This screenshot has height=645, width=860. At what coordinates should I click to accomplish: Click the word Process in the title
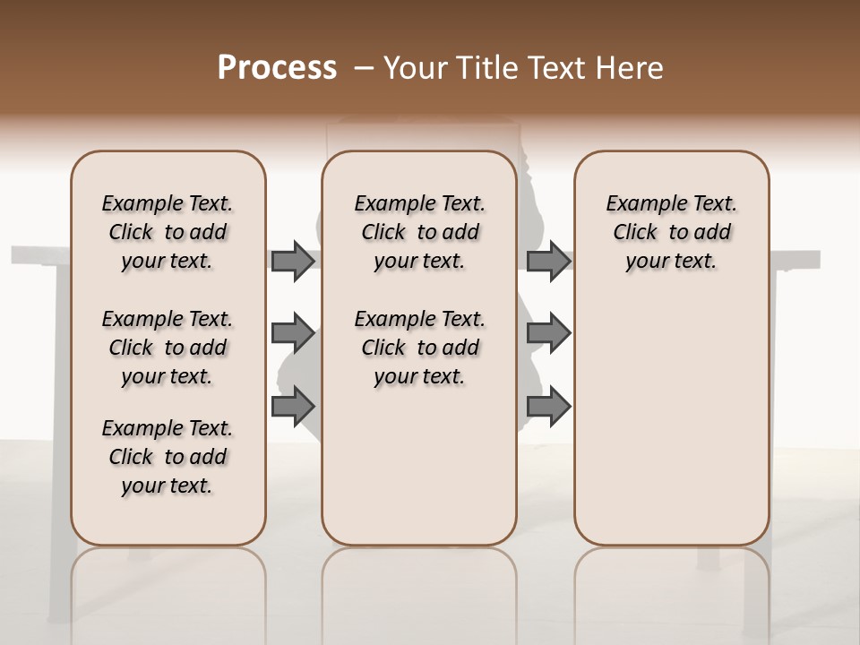point(277,68)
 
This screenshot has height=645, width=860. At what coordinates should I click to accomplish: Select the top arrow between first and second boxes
point(293,261)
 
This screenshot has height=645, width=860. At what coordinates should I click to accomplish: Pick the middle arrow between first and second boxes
point(293,333)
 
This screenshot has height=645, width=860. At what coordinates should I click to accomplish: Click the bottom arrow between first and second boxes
point(293,406)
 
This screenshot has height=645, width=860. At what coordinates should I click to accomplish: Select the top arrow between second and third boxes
point(549,261)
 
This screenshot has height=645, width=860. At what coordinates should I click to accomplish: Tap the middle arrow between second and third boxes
point(549,333)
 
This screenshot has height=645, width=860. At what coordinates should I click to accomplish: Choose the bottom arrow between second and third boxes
point(549,406)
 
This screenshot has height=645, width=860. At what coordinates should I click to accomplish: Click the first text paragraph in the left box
point(168,232)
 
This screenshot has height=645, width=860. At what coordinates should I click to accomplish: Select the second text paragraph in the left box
point(168,348)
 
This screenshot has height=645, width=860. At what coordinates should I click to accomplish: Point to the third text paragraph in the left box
point(168,457)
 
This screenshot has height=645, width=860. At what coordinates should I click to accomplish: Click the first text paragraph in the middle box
point(419,232)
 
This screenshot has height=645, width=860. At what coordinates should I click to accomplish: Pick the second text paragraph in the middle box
point(419,348)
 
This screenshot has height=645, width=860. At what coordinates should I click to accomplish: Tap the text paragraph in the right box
point(672,232)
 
